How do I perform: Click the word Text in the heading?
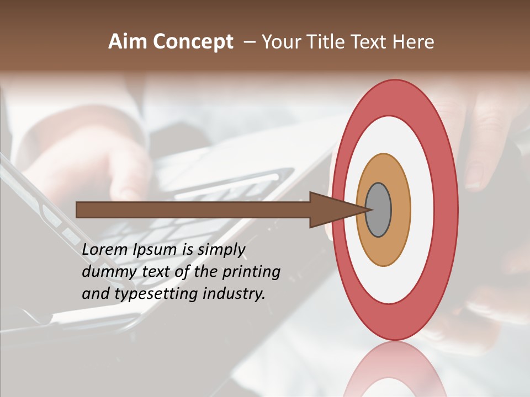pyautogui.click(x=371, y=42)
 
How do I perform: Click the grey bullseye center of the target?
pyautogui.click(x=379, y=210)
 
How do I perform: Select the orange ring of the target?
pyautogui.click(x=400, y=210)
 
